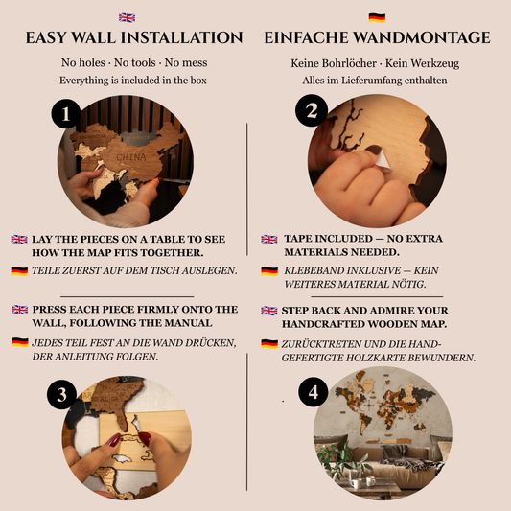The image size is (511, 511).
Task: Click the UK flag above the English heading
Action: [x=128, y=17]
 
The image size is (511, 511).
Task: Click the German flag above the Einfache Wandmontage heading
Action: [x=377, y=17]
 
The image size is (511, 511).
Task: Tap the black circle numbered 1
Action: [x=66, y=114]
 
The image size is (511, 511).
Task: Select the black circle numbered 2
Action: [x=312, y=110]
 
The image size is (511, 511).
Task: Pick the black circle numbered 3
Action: [x=61, y=395]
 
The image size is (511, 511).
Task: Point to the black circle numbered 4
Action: [x=314, y=392]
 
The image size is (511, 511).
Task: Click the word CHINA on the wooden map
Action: [x=131, y=157]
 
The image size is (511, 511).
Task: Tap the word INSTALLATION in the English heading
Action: [x=182, y=37]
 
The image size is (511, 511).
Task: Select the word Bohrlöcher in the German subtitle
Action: [x=349, y=63]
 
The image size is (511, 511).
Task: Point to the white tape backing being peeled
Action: [x=383, y=161]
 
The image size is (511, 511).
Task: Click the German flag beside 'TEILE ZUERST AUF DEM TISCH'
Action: [x=19, y=270]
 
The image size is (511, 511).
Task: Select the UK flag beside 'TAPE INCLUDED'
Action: [x=269, y=240]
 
